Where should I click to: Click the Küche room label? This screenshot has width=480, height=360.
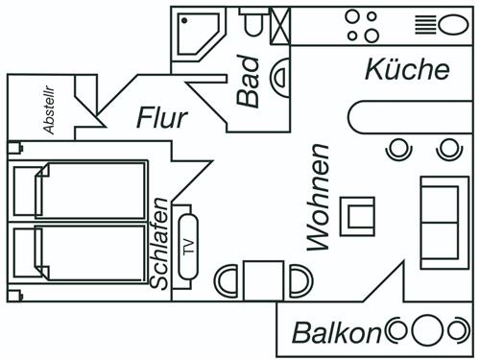(x=407, y=70)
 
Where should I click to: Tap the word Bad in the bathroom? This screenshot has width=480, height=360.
(x=248, y=85)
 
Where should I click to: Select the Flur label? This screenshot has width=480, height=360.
(x=161, y=118)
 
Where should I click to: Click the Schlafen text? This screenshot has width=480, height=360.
(x=160, y=244)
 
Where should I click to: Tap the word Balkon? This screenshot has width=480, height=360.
(x=337, y=333)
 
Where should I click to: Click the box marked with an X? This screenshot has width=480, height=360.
(x=280, y=26)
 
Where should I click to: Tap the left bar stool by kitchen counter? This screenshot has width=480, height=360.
(x=398, y=149)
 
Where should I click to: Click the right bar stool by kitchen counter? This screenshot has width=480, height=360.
(x=447, y=149)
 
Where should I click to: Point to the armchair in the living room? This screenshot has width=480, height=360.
(x=361, y=215)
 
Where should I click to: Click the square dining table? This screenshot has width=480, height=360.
(x=263, y=280)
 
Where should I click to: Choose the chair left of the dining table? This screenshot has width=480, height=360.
(x=227, y=281)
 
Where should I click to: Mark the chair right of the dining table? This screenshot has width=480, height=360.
(x=300, y=281)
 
